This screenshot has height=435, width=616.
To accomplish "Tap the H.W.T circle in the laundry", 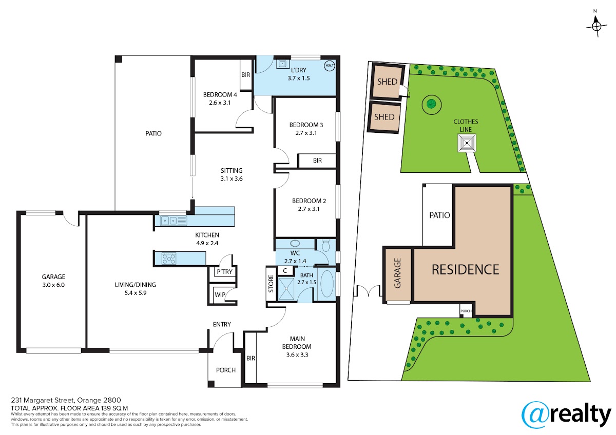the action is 330,66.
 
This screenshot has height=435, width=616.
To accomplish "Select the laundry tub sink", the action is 282,64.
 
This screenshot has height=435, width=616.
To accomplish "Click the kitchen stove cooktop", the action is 168,259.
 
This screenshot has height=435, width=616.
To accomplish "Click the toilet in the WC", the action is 325,245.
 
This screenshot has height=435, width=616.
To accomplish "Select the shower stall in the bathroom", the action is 286,288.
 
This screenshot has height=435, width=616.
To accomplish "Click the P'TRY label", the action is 224,272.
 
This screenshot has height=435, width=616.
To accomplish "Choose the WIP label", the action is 220,295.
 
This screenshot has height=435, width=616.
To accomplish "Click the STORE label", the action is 271,284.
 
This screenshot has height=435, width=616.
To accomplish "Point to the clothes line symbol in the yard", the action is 467,143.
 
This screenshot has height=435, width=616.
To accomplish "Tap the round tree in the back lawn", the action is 432,104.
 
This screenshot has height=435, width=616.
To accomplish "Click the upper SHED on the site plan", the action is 387,82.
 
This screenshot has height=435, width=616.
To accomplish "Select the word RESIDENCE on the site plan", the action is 465,270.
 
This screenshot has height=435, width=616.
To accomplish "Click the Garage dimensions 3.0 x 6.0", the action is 53,285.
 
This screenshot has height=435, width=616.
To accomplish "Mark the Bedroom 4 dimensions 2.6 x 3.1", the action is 220,103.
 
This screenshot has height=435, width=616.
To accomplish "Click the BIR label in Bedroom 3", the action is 317,161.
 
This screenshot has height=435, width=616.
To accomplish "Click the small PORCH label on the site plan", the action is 466,311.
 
